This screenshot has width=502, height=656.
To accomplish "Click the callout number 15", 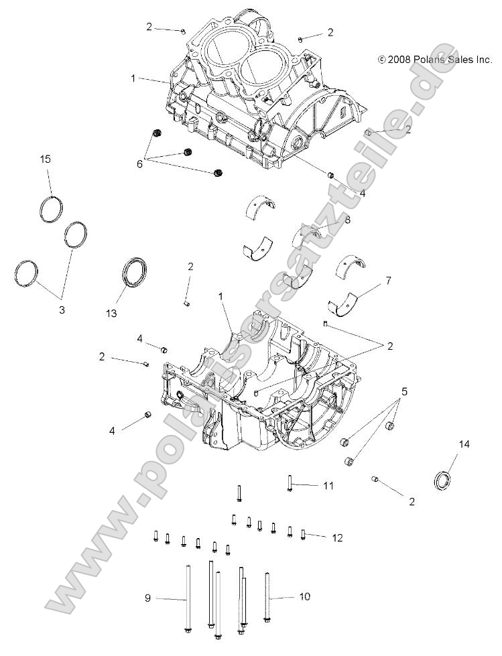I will coord(45,159).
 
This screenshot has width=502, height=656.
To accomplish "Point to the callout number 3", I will coord(62,310).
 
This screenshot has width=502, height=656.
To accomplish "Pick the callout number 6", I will coord(139,163).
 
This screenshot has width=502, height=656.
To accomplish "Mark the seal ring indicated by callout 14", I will coord(442,480).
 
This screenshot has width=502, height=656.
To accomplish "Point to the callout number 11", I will coord(328,485).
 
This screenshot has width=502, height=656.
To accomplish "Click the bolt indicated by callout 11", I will coord(290,482).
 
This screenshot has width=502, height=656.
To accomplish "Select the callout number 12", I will coord(337,537).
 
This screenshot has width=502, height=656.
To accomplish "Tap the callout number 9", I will coord(148,596).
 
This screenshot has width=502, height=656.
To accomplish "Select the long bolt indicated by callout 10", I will coord(267,596).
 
